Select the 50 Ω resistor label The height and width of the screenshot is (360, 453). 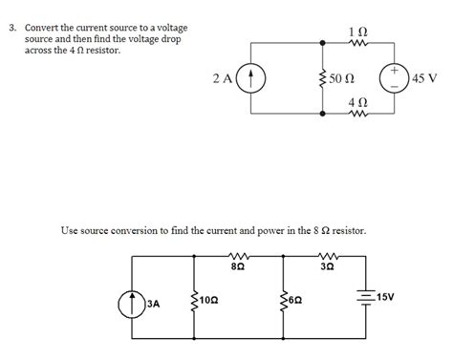[341, 78]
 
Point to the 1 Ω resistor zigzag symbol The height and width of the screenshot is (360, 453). [358, 43]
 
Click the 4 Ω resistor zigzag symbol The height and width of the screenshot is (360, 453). [358, 113]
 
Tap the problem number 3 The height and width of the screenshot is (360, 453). [12, 27]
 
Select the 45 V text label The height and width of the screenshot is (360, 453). [426, 79]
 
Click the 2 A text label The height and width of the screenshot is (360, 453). [222, 79]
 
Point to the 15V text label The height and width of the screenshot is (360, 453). [386, 298]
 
